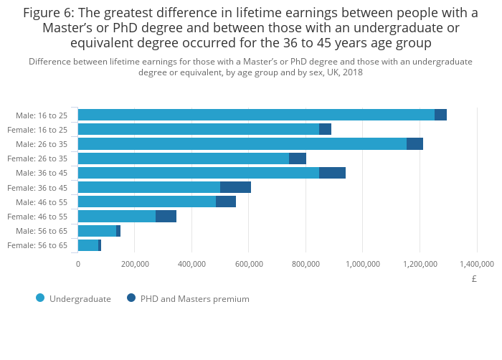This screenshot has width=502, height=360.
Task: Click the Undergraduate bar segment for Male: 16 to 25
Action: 256,115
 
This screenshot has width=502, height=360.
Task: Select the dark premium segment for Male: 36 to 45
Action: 332,173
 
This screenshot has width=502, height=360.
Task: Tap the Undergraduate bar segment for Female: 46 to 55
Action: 117,217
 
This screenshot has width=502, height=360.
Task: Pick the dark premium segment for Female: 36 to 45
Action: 235,187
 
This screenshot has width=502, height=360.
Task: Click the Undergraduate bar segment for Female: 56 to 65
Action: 88,245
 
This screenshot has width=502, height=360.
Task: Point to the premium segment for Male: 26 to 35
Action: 415,143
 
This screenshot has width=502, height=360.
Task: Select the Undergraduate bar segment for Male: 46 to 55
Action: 147,202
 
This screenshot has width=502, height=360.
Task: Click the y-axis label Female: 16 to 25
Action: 37,130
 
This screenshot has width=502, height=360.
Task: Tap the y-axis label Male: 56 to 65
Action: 42,231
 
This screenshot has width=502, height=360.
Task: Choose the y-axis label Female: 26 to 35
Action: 37,158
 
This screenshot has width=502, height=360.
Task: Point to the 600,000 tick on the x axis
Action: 249,263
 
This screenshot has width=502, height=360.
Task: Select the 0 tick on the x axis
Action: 78,263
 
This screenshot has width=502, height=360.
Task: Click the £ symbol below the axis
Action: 474,279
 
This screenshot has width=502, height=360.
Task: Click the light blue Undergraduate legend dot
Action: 40,298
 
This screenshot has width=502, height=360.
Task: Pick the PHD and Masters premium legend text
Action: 195,298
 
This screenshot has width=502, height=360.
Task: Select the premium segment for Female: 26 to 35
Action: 298,158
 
